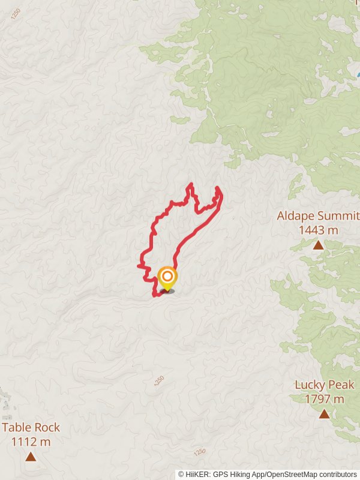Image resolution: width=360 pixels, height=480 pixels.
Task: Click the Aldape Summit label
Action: pyautogui.click(x=318, y=216)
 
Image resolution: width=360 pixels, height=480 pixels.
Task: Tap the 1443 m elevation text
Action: pyautogui.click(x=318, y=230)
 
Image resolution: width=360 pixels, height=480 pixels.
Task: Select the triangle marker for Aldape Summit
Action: pyautogui.click(x=318, y=245)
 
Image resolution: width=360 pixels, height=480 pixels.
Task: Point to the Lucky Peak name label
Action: pyautogui.click(x=325, y=385)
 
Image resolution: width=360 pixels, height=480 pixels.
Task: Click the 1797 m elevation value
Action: pyautogui.click(x=325, y=399)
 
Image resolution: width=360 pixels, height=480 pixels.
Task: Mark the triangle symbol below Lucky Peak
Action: pyautogui.click(x=325, y=414)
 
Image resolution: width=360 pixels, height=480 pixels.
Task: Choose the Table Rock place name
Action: pyautogui.click(x=31, y=428)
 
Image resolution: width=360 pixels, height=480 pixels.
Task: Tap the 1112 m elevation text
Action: pyautogui.click(x=31, y=442)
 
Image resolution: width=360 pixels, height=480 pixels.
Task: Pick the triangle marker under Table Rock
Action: pyautogui.click(x=31, y=457)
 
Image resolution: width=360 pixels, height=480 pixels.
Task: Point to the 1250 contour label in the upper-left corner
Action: pyautogui.click(x=15, y=13)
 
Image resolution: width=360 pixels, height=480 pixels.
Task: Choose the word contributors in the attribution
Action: pyautogui.click(x=338, y=475)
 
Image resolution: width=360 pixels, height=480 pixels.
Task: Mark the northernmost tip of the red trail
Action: pyautogui.click(x=191, y=184)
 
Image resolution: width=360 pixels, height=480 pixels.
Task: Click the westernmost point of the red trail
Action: pyautogui.click(x=139, y=265)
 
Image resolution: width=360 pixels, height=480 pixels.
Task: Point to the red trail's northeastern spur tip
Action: pyautogui.click(x=217, y=188)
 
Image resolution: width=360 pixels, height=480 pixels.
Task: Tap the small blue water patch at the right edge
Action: pyautogui.click(x=358, y=75)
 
